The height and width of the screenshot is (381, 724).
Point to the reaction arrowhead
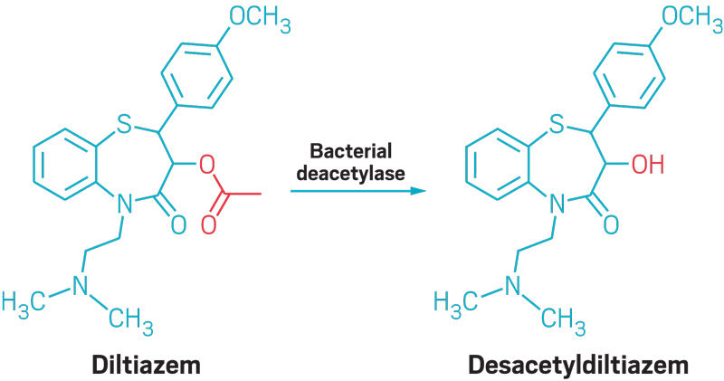click(418, 191)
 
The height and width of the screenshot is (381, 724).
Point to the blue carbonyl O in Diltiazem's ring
click(178, 223)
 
